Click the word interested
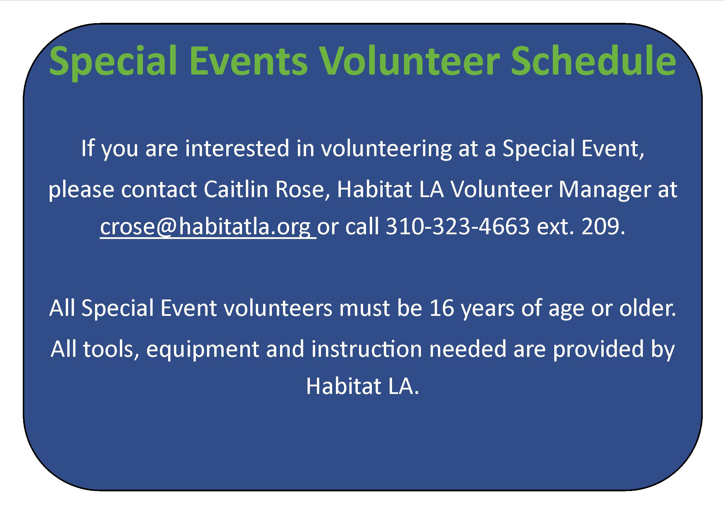click(x=237, y=149)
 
